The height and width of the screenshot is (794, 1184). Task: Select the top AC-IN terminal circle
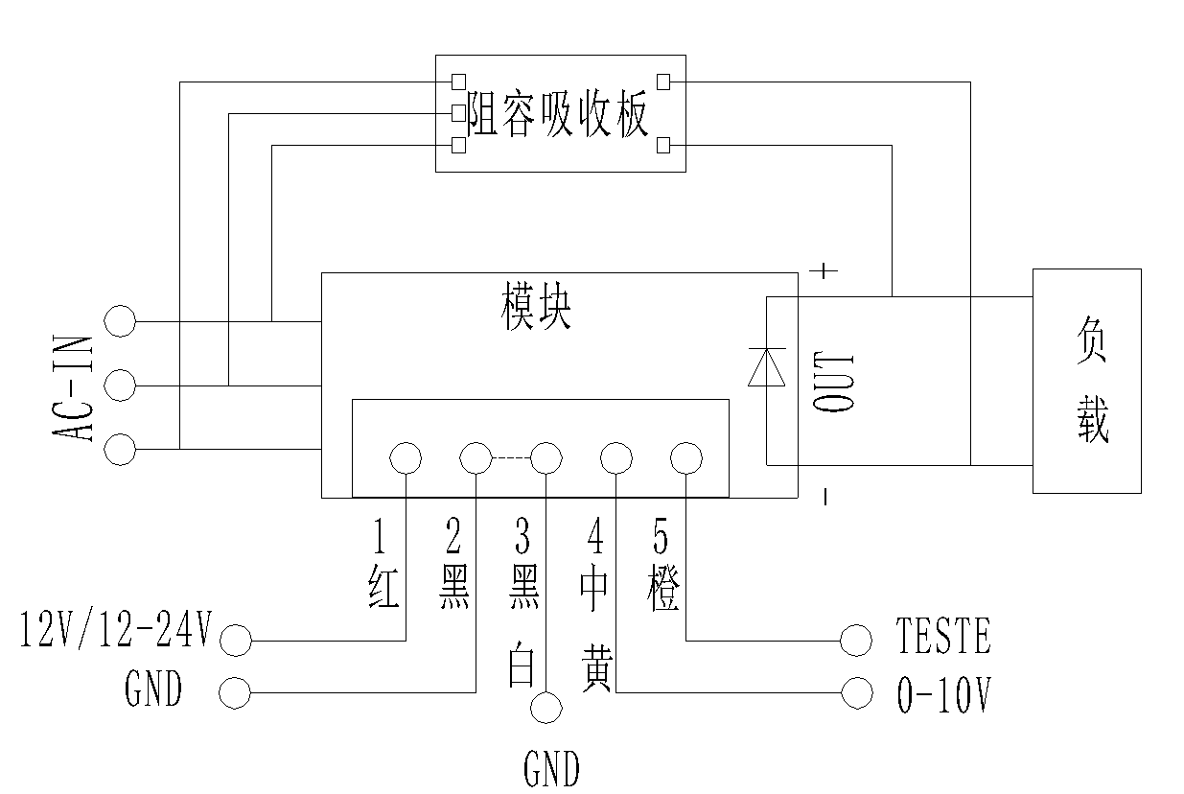(x=120, y=321)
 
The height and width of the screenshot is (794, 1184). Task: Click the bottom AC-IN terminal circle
(x=120, y=450)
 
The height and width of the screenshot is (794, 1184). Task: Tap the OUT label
(x=833, y=381)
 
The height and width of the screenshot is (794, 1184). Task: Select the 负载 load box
(x=1086, y=381)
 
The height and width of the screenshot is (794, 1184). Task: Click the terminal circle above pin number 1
(x=406, y=458)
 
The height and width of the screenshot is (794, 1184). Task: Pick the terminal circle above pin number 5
(x=686, y=458)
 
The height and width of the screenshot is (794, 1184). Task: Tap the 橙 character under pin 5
(x=663, y=591)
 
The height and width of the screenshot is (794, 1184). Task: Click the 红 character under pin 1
(x=383, y=587)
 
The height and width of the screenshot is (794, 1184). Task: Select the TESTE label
(x=943, y=637)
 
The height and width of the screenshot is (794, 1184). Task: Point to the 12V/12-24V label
(x=115, y=632)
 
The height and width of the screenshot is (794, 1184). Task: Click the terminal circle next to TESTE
(x=855, y=639)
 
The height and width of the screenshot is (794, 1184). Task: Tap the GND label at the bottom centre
(x=551, y=769)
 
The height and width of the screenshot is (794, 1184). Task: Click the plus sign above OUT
(x=824, y=271)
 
